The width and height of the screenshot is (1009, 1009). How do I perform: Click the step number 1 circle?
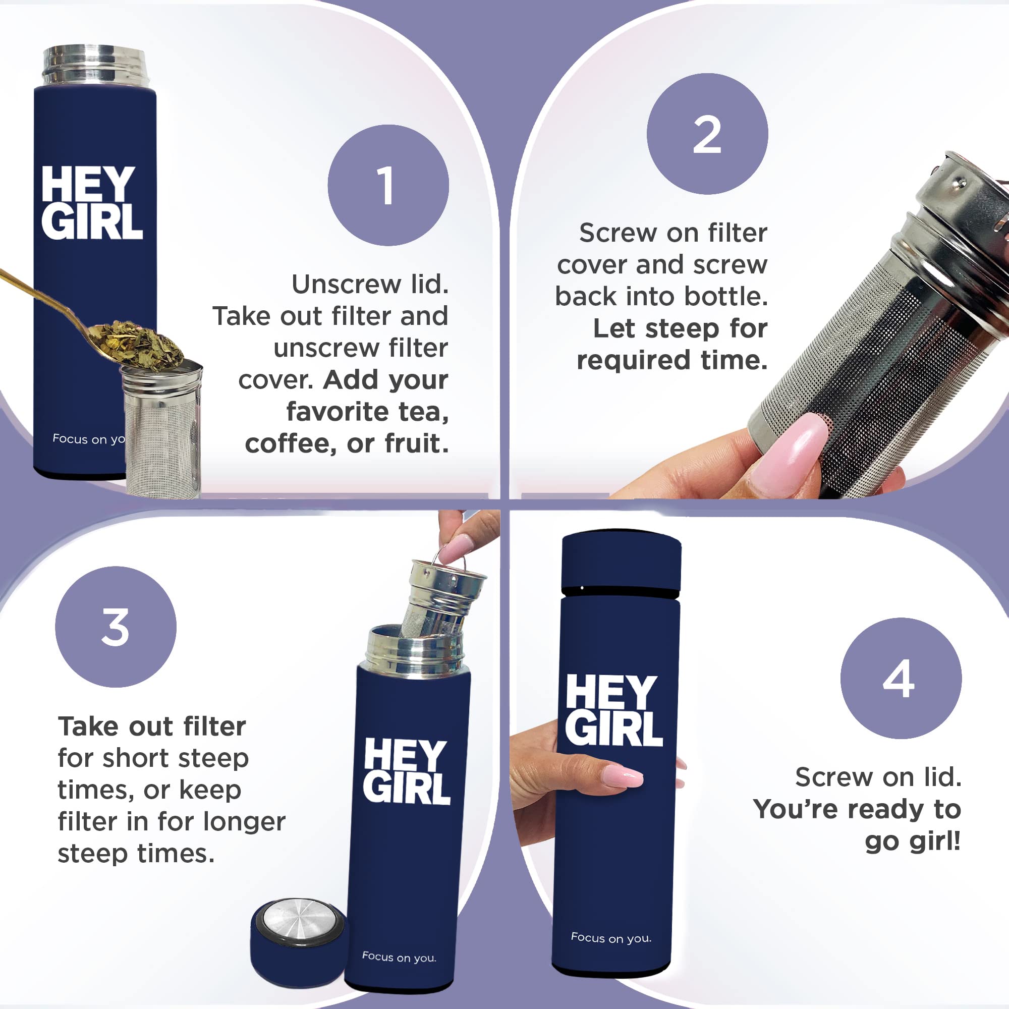point(388,185)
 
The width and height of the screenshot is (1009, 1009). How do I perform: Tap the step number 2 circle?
point(707,134)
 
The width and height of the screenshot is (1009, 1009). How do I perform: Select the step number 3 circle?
point(116,627)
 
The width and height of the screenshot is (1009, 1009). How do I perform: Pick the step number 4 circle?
point(901,679)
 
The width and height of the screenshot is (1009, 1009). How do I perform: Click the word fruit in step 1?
point(417,444)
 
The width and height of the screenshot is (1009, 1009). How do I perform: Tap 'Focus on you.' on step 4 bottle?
point(611,938)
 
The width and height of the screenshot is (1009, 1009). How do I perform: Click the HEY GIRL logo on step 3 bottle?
point(406,771)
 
